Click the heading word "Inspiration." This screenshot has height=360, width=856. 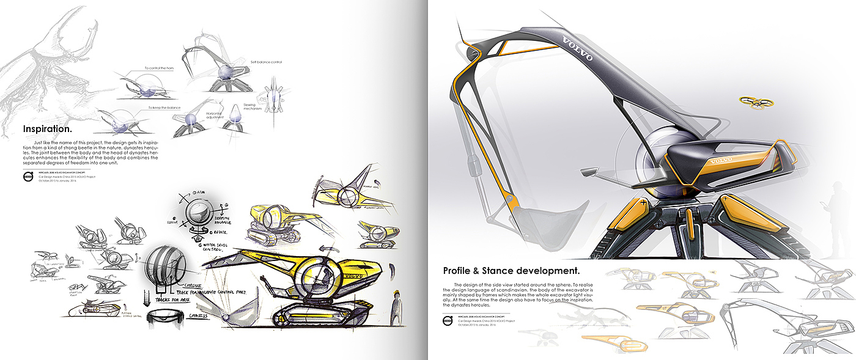pyautogui.click(x=47, y=129)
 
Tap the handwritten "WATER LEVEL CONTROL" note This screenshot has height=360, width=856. pyautogui.click(x=219, y=247)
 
